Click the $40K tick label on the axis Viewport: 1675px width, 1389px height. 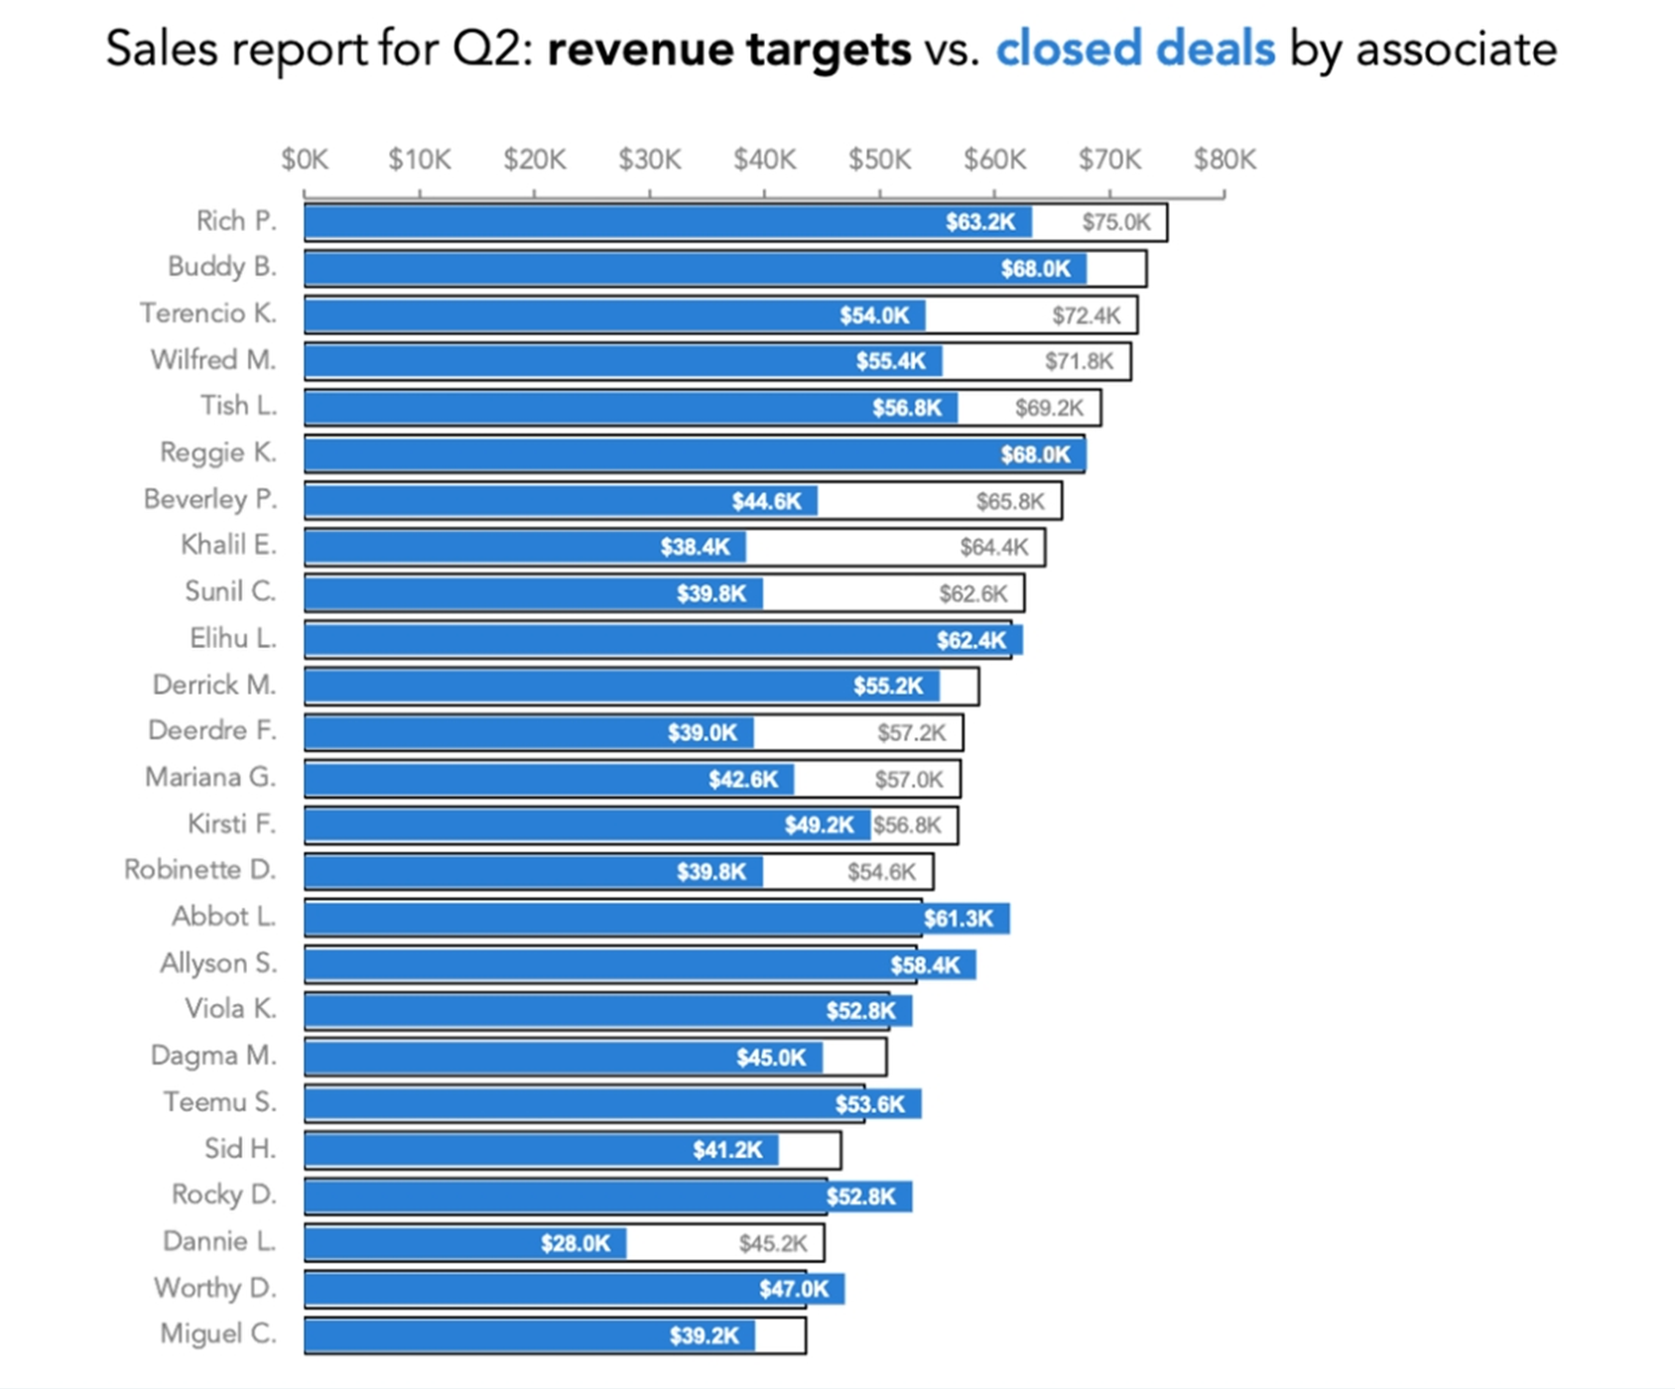pyautogui.click(x=764, y=160)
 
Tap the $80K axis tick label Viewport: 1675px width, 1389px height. pyautogui.click(x=1224, y=160)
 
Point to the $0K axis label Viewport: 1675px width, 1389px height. pyautogui.click(x=305, y=160)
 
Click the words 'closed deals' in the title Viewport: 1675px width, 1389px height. pyautogui.click(x=1135, y=49)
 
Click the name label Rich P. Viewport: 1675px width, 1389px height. pyautogui.click(x=236, y=220)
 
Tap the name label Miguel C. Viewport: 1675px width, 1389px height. pyautogui.click(x=218, y=1333)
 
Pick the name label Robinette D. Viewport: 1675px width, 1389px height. pyautogui.click(x=200, y=870)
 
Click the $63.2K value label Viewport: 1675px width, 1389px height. pyautogui.click(x=980, y=222)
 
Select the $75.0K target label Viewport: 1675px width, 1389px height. pyautogui.click(x=1116, y=222)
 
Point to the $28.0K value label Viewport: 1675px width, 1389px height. pyautogui.click(x=576, y=1244)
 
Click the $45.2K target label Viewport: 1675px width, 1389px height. pyautogui.click(x=773, y=1244)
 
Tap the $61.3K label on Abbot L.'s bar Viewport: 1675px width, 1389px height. pyautogui.click(x=959, y=919)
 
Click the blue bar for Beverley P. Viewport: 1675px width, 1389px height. pyautogui.click(x=561, y=501)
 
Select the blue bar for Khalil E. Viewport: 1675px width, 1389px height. pyautogui.click(x=525, y=548)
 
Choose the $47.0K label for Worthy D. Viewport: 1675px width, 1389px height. pyautogui.click(x=794, y=1290)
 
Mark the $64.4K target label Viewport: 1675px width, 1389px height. pyautogui.click(x=994, y=548)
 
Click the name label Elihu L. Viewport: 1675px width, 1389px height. pyautogui.click(x=233, y=638)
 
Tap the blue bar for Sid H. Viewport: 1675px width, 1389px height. pyautogui.click(x=542, y=1151)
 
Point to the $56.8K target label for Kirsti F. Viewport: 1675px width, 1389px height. pyautogui.click(x=907, y=825)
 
